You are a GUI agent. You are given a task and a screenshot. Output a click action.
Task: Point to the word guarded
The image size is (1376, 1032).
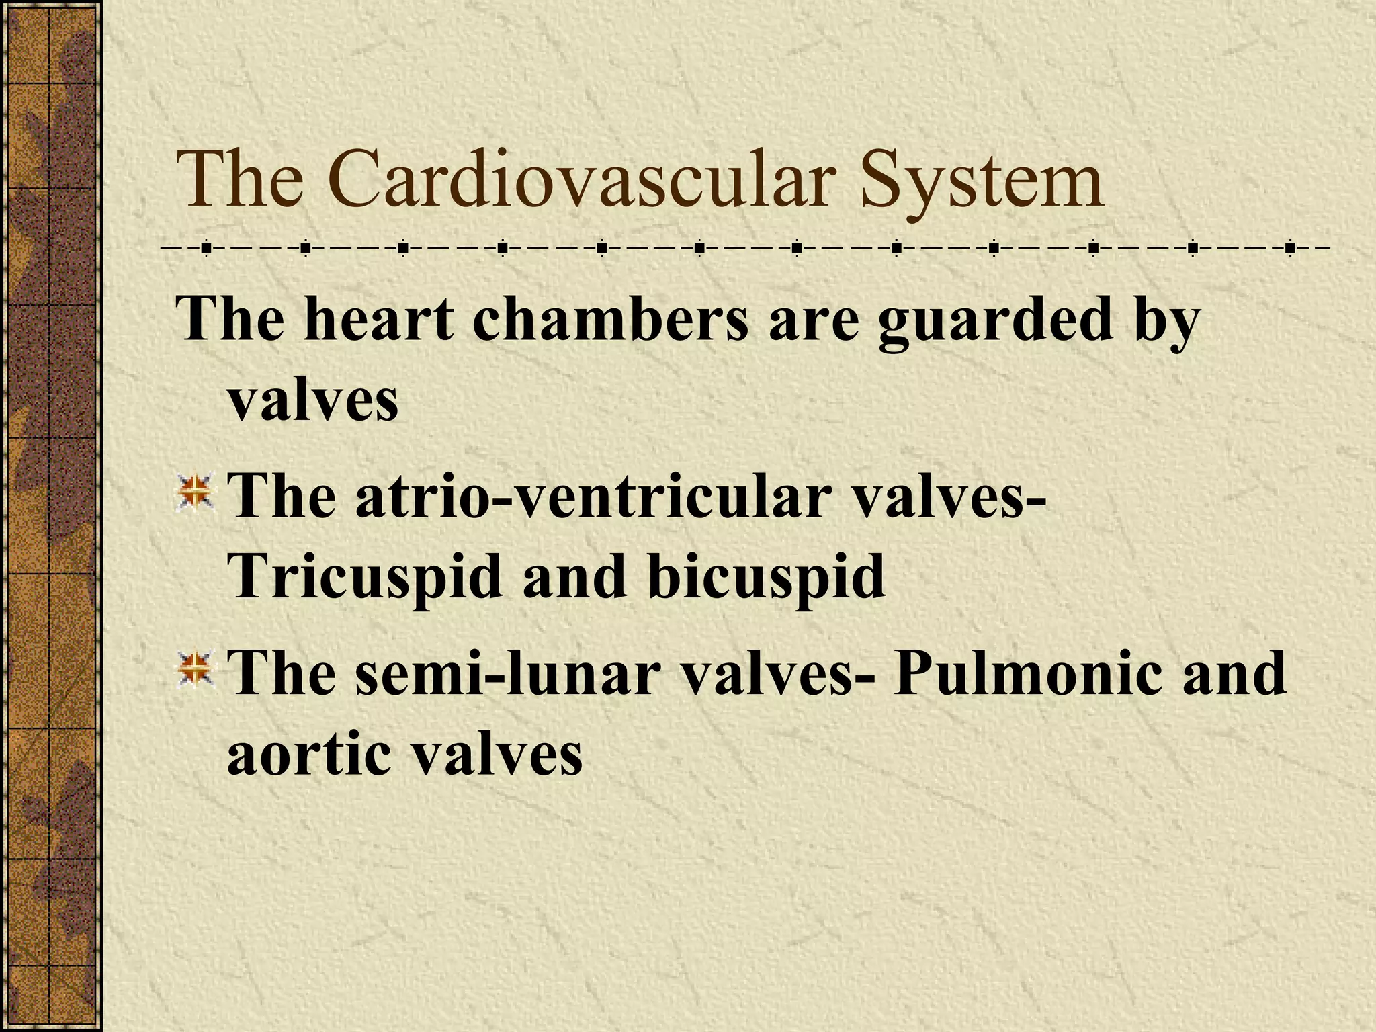(994, 320)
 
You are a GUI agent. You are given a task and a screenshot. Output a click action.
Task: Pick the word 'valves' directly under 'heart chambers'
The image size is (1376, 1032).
(313, 400)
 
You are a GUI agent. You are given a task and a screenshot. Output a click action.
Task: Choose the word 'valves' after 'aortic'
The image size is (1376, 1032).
(497, 752)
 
